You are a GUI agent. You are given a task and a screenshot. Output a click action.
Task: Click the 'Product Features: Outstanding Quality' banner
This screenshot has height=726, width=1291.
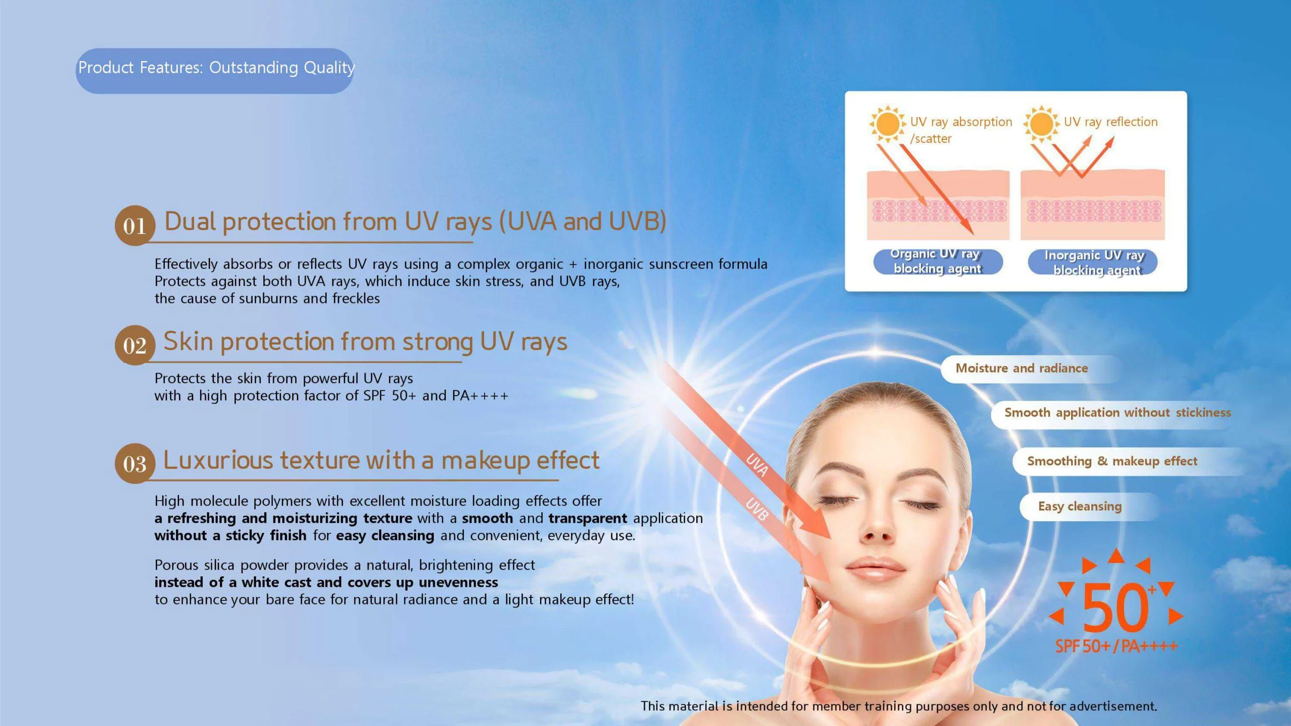click(x=215, y=71)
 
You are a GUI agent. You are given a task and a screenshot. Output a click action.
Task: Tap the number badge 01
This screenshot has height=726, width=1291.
click(x=135, y=225)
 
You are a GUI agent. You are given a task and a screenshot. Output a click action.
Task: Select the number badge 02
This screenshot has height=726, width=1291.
click(x=135, y=345)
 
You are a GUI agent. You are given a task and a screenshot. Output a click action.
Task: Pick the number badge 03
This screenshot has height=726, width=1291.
click(x=135, y=463)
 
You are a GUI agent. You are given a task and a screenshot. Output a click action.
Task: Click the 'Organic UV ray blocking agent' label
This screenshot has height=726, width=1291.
click(x=938, y=261)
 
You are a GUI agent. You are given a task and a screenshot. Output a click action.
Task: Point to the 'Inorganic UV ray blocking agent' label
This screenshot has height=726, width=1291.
click(x=1093, y=262)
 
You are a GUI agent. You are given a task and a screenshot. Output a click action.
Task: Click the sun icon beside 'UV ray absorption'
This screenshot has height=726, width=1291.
click(x=888, y=124)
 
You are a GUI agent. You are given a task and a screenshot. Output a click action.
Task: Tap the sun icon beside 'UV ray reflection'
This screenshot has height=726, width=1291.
click(x=1041, y=124)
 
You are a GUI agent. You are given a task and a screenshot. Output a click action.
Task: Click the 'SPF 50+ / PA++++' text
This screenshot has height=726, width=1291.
click(x=1117, y=646)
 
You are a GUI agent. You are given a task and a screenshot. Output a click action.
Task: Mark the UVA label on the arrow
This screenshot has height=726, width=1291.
click(x=757, y=465)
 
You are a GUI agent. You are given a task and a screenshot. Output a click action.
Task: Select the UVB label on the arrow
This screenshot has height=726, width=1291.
click(x=757, y=509)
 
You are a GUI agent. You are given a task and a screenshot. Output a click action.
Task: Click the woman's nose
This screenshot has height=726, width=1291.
click(x=878, y=524)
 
